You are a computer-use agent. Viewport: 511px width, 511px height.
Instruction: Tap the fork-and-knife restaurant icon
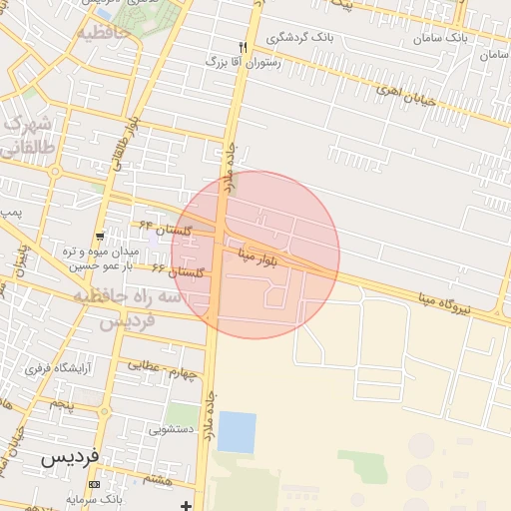pos(243,47)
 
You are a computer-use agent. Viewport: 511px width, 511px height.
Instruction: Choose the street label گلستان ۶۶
pos(178,270)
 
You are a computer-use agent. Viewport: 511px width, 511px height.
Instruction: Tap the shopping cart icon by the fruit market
pos(100,237)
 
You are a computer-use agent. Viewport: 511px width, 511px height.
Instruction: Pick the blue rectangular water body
pos(237,432)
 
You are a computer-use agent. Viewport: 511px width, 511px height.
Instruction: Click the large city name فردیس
pos(71,457)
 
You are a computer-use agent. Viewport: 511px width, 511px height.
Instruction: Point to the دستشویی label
pos(171,430)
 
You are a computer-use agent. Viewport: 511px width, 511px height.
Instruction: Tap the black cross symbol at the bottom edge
pos(186,506)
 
